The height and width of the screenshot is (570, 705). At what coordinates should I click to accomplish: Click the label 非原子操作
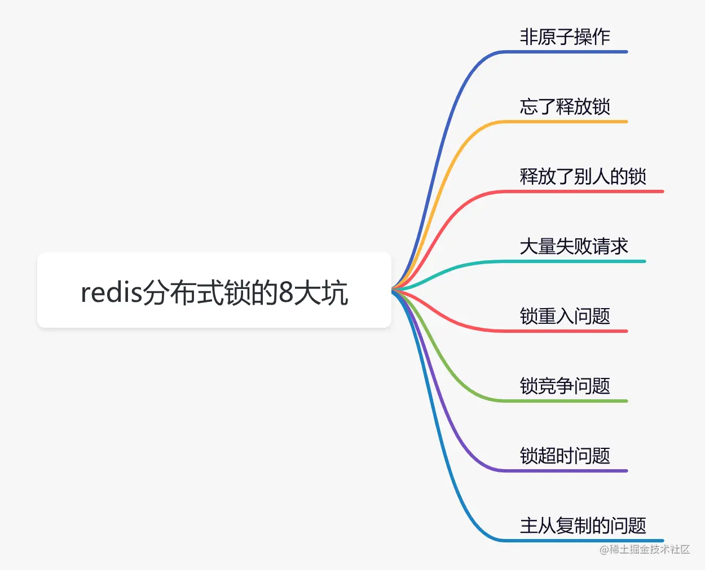tap(565, 37)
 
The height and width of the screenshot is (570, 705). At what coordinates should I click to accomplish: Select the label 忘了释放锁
tap(565, 107)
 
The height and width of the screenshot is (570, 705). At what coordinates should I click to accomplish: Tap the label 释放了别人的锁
tap(583, 177)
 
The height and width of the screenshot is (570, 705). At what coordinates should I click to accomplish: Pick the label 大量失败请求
tap(574, 247)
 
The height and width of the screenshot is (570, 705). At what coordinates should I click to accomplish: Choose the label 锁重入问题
tap(565, 317)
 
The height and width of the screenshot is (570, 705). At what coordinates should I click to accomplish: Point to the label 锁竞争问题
tap(565, 386)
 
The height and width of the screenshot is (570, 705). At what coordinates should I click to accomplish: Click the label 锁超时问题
tap(565, 456)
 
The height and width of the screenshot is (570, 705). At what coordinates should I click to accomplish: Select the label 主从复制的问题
tap(583, 526)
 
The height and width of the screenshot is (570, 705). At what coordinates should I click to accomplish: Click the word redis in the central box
tap(111, 293)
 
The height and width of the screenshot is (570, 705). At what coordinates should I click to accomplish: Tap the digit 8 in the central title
tap(287, 293)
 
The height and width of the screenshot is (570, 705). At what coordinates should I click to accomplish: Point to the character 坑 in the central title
tap(336, 293)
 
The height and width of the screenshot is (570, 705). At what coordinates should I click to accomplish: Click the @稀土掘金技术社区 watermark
tap(644, 550)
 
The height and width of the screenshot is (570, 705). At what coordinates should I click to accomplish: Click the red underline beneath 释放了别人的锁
tap(587, 192)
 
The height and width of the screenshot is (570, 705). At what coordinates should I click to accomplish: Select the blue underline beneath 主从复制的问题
tap(587, 541)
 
